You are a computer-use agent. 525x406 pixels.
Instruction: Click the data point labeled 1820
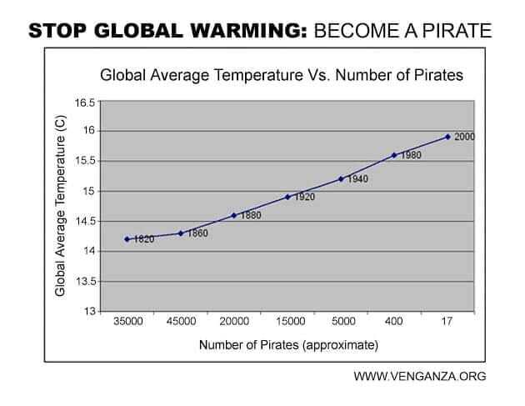click(127, 239)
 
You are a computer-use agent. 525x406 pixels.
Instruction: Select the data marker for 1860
click(180, 233)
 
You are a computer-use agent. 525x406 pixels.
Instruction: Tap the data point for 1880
click(234, 215)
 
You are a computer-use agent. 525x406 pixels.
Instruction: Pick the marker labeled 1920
click(287, 197)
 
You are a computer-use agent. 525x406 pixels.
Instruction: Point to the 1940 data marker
click(341, 178)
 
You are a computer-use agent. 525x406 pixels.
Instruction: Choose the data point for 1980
click(394, 155)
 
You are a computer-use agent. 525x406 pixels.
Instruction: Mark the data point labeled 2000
click(447, 137)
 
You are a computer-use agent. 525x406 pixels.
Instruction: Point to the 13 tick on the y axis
click(89, 312)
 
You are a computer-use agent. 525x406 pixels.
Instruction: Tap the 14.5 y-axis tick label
click(85, 222)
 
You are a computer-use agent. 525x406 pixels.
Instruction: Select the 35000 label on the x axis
click(127, 322)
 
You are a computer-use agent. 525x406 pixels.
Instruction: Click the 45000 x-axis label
click(181, 322)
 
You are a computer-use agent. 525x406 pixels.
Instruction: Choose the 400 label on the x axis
click(394, 322)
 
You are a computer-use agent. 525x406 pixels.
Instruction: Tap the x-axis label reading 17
click(447, 322)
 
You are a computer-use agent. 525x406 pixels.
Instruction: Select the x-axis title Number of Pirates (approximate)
click(287, 343)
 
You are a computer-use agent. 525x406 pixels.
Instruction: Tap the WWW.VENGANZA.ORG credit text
click(419, 376)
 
